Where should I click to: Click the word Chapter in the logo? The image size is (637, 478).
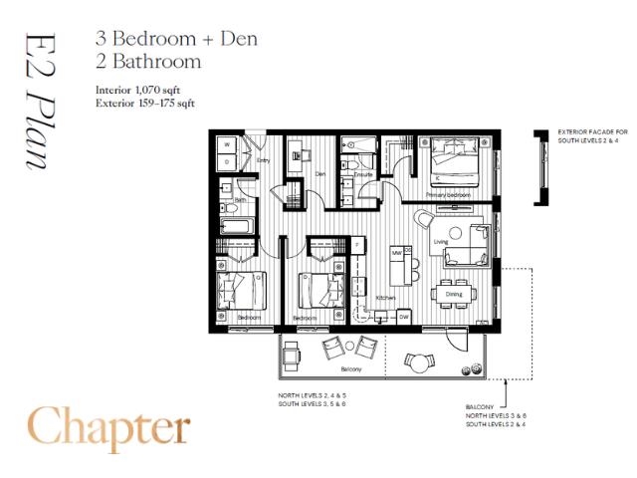point(108,427)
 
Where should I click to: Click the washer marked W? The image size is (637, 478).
point(227,144)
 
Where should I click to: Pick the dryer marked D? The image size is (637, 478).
point(227,161)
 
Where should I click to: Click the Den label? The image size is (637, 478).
point(320,173)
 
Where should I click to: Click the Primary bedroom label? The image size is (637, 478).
point(446,194)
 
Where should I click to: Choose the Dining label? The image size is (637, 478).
point(453,295)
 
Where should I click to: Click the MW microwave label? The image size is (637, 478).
point(396,253)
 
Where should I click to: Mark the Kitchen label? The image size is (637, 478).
point(386,297)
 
